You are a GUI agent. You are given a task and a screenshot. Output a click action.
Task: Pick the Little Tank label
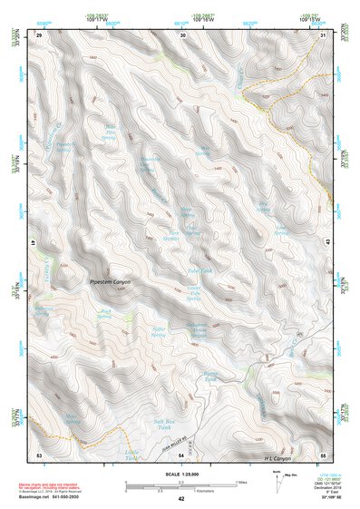[132, 454]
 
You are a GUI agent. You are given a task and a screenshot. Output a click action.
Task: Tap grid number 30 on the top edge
[183, 34]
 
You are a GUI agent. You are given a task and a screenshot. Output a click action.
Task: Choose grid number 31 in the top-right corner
[324, 34]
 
